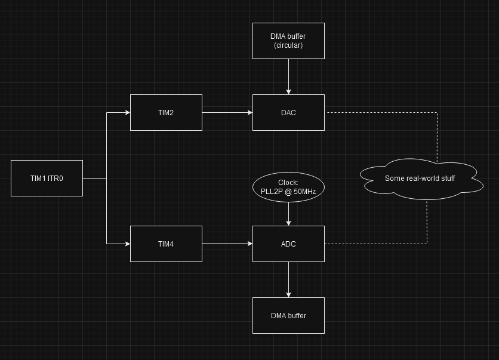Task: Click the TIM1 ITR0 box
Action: [47, 178]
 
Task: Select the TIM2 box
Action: [166, 112]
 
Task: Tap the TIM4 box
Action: [166, 244]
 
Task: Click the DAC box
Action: [288, 112]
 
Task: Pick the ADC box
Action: [288, 244]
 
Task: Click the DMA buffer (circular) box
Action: [288, 41]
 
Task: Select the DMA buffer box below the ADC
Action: [288, 315]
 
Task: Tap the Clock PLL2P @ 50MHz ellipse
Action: [288, 187]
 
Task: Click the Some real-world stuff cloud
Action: [421, 178]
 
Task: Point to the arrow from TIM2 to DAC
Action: [227, 112]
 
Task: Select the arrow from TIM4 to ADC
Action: [227, 244]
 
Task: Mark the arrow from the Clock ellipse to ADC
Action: [288, 213]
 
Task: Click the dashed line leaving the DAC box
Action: [382, 112]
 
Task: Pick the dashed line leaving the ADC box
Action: [376, 244]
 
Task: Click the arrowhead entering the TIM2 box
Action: [127, 112]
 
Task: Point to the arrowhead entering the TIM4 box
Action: [127, 244]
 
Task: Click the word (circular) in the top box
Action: [288, 45]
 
